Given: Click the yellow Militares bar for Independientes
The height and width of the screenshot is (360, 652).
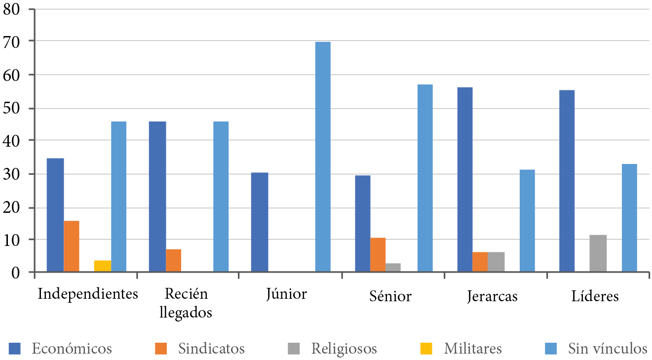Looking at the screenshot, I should click(x=102, y=266).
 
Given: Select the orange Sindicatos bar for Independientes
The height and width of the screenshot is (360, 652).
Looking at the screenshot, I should click(x=72, y=246).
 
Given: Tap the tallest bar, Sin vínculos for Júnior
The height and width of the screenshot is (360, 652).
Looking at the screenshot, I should click(x=323, y=157).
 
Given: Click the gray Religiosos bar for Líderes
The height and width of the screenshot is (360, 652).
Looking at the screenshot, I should click(x=598, y=253).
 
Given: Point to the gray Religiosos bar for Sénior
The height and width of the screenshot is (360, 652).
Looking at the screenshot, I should click(x=393, y=267).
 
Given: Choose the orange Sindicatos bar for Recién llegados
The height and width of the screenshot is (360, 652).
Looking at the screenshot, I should click(x=173, y=260).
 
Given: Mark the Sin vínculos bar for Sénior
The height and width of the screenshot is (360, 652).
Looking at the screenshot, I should click(x=425, y=178).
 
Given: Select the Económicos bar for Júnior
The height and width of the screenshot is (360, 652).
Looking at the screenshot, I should click(x=260, y=222).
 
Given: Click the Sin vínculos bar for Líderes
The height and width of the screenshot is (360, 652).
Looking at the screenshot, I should click(x=629, y=218).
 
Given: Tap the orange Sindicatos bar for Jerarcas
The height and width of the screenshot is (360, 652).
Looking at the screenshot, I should click(x=480, y=262).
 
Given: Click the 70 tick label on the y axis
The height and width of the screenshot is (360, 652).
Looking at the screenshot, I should click(x=12, y=41).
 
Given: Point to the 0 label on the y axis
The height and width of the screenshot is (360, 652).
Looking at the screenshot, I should click(x=17, y=272).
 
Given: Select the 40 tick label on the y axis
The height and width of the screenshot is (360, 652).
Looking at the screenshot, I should click(x=12, y=141).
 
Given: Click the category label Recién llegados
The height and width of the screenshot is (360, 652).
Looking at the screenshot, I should click(x=186, y=303).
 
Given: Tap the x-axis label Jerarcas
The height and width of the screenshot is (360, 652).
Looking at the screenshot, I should click(x=492, y=296).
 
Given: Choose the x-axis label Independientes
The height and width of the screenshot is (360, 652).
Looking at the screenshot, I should click(x=88, y=294).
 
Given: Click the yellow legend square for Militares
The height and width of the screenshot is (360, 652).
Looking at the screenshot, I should click(x=426, y=349).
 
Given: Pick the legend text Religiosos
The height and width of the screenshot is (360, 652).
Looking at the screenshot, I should click(x=344, y=349).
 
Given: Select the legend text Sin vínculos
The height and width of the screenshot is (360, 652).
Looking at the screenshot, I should click(x=607, y=349).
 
